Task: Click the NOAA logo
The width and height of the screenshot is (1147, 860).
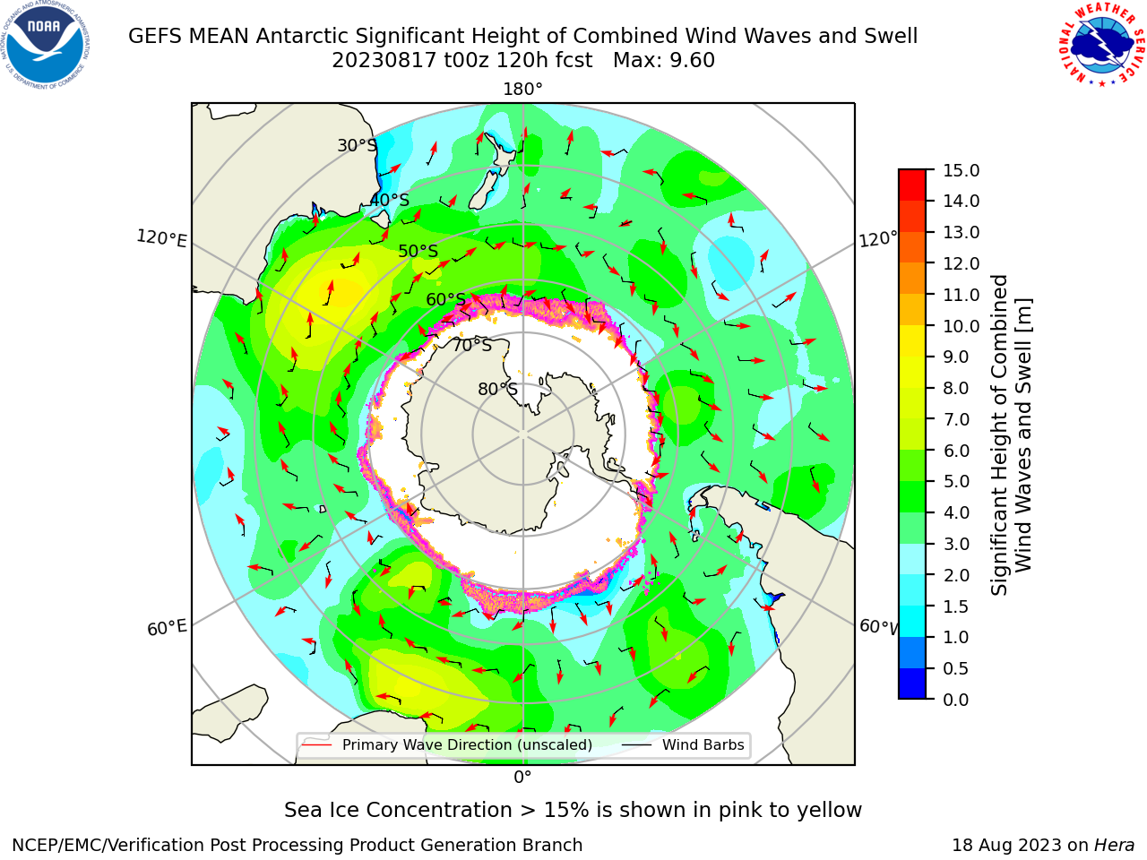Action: click(46, 45)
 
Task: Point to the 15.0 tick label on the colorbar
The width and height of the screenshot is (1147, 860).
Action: click(961, 170)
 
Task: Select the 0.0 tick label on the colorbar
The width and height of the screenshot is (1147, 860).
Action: click(956, 700)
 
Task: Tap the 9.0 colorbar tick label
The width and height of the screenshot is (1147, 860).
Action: click(956, 357)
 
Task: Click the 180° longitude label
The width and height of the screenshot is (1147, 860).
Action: click(522, 90)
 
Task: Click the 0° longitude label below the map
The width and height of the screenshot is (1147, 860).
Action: click(522, 778)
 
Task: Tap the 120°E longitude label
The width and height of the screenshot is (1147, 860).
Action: click(161, 238)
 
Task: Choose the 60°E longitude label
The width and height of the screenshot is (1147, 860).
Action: click(167, 627)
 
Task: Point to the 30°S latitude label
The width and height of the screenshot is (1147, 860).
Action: click(357, 145)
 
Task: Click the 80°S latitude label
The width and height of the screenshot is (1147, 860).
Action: click(497, 389)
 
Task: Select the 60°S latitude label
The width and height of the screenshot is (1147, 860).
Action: click(445, 300)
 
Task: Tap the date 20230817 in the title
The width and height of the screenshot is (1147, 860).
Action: click(384, 61)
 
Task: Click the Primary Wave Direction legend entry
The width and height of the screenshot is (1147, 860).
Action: click(447, 745)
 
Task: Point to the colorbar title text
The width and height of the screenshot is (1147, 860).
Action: click(1011, 435)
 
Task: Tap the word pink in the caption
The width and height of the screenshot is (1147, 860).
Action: click(741, 811)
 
